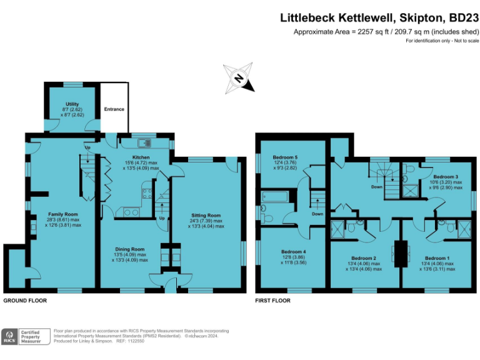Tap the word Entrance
coord(114,109)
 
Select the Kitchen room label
coord(141,157)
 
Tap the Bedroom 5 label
coord(287,157)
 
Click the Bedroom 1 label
coord(437,258)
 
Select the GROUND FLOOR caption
coord(26,301)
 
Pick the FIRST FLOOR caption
coord(273,301)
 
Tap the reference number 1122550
coord(131,341)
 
